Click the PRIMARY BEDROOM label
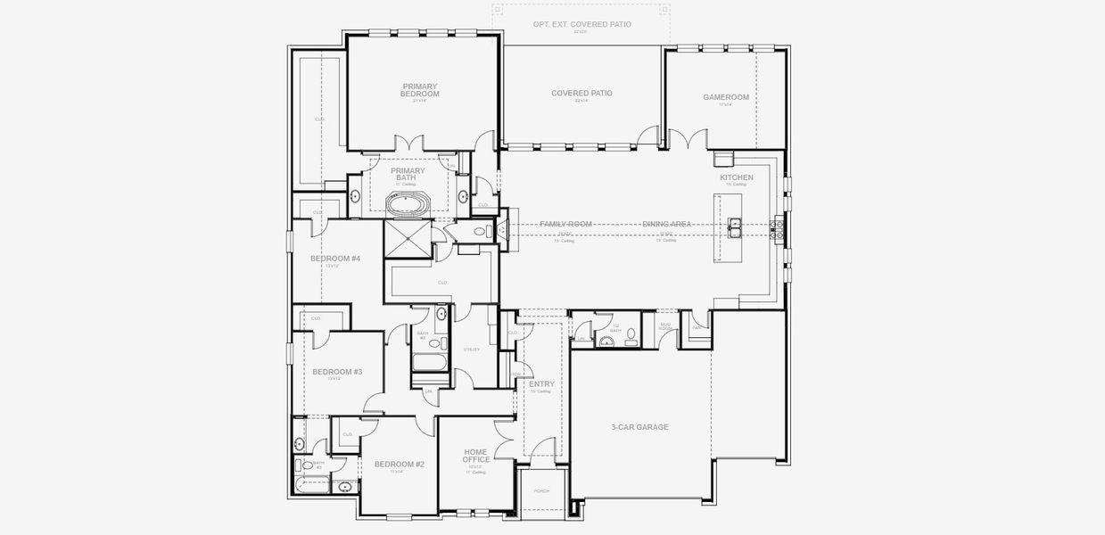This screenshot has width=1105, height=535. tap(420, 90)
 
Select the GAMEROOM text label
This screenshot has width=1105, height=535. tap(725, 97)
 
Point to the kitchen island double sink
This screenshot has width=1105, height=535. tap(736, 226)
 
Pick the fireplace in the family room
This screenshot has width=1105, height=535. tap(502, 229)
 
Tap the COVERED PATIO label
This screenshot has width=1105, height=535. tap(581, 93)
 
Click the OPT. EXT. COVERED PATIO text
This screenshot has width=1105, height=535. tap(581, 24)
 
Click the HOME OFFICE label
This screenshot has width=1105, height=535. tap(475, 456)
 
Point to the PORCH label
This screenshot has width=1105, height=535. tap(541, 491)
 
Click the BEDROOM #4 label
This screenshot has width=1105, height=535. tap(334, 259)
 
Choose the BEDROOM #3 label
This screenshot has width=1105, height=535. tap(336, 371)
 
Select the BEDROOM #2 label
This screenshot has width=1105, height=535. tap(399, 464)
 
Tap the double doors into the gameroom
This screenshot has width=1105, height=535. tap(686, 140)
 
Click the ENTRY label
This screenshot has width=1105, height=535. tap(541, 383)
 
